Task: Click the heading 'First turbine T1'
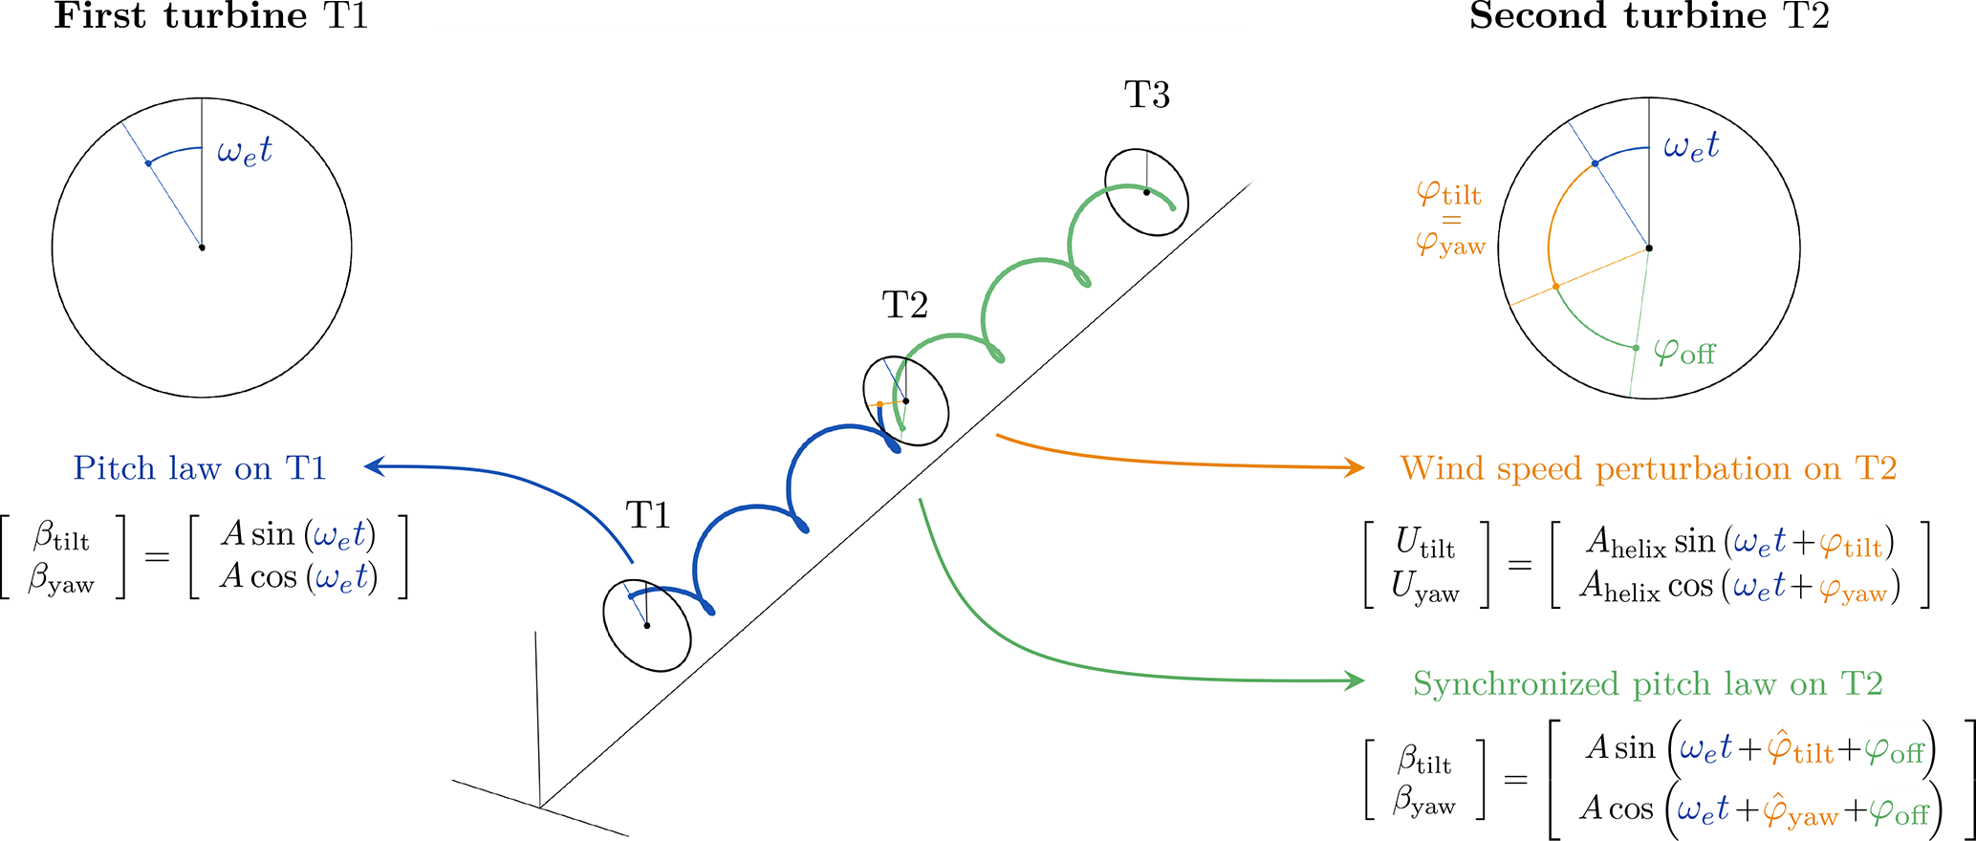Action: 210,16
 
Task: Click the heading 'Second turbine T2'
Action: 1649,16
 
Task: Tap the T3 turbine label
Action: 1147,96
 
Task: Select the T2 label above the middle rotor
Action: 904,306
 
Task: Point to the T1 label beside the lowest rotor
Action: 648,516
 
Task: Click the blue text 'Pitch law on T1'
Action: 200,468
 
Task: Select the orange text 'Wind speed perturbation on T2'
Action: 1648,468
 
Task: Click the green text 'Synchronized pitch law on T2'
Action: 1648,684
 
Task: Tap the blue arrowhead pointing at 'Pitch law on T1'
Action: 374,466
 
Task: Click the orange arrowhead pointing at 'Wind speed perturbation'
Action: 1355,467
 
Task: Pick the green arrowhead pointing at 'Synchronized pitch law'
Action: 1355,680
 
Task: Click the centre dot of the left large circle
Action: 202,248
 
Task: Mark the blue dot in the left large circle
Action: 148,163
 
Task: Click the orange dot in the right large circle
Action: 1555,286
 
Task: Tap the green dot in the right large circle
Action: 1636,347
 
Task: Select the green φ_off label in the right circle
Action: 1684,352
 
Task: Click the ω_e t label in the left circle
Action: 245,151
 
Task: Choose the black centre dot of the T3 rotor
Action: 1146,192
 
